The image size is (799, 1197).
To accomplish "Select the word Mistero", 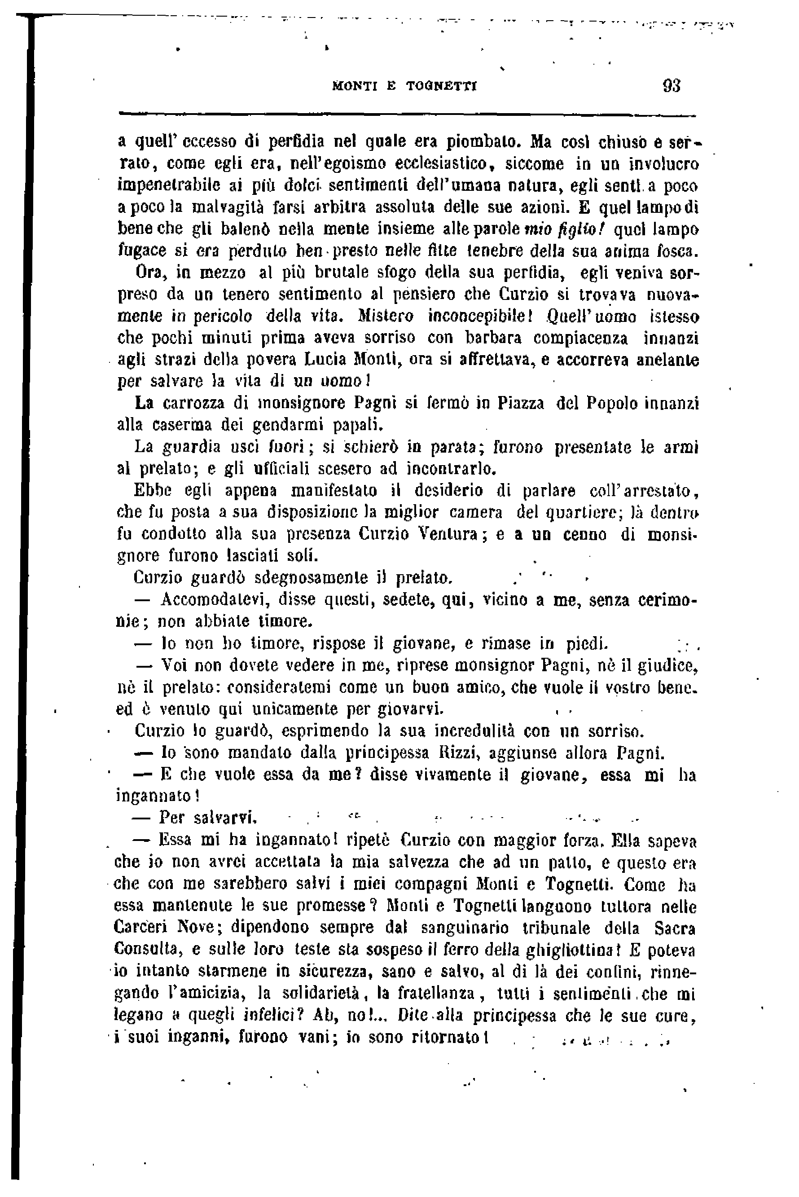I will tap(385, 317).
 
